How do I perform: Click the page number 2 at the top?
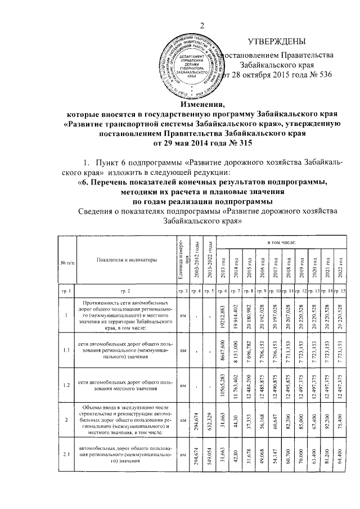tap(201, 25)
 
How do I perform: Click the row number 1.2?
tap(65, 386)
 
